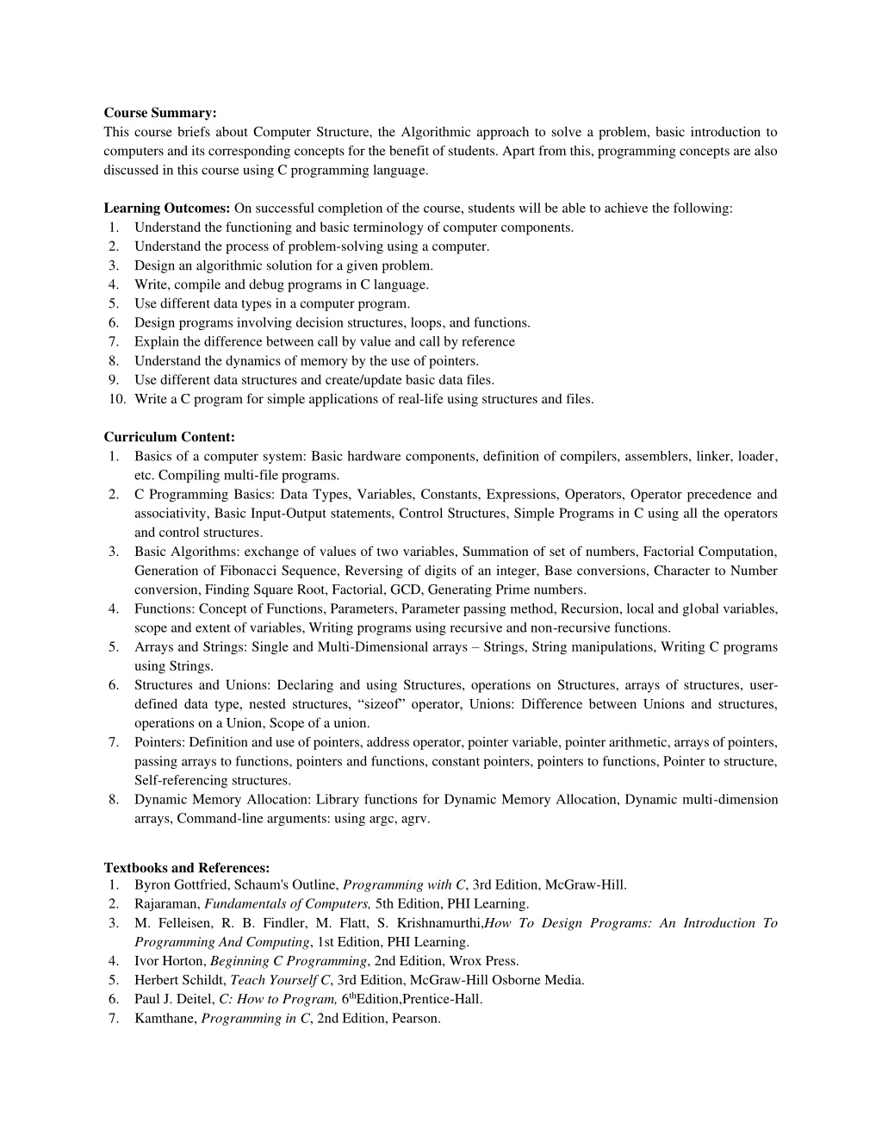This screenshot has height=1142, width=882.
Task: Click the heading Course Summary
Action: click(x=160, y=113)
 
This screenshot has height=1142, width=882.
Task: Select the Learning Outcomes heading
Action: click(x=166, y=209)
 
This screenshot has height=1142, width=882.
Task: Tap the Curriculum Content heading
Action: click(x=169, y=438)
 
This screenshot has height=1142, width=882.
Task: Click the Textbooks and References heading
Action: click(x=187, y=868)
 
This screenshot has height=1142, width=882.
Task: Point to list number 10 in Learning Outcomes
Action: click(x=117, y=399)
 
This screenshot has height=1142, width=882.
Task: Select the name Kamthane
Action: click(x=164, y=1019)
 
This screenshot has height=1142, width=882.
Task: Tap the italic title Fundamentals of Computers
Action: click(x=288, y=904)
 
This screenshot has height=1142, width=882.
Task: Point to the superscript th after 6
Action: click(x=351, y=995)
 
